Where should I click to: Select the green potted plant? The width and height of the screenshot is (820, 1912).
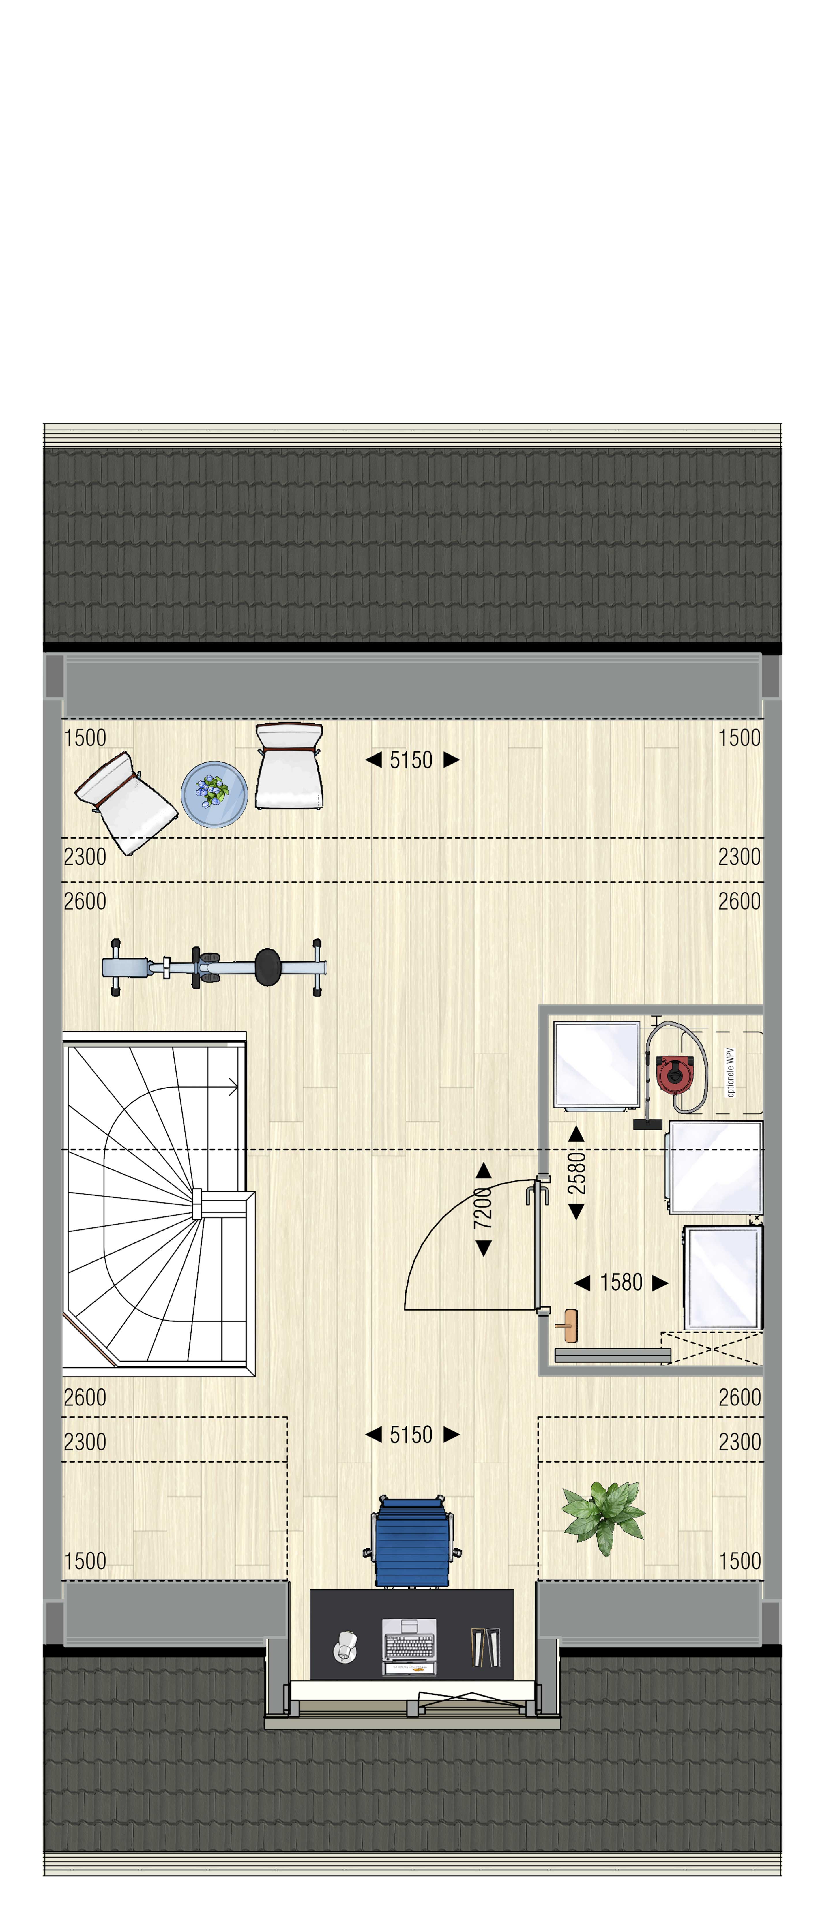click(603, 1517)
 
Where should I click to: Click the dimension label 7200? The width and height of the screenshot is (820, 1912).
click(483, 1208)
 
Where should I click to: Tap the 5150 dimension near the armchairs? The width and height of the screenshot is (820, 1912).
click(411, 760)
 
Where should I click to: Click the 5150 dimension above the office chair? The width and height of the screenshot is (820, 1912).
click(411, 1435)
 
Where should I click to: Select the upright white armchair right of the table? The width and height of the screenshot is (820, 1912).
click(289, 767)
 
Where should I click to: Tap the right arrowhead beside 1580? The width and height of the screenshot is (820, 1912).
click(660, 1283)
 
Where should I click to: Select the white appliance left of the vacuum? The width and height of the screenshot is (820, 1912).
click(597, 1065)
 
